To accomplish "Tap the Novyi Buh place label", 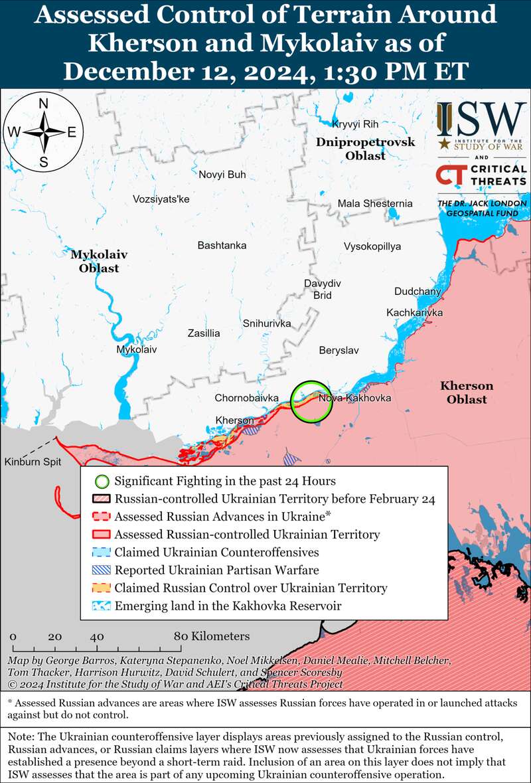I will [x=222, y=175].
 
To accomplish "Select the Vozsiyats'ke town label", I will [x=161, y=199].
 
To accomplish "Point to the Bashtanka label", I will [x=222, y=246].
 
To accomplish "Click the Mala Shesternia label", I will [x=375, y=204].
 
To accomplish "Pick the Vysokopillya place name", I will [x=372, y=246].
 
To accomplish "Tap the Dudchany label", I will [x=417, y=292].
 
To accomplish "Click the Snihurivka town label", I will [x=267, y=323].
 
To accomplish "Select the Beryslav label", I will [x=339, y=350].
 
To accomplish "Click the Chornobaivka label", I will [x=246, y=398].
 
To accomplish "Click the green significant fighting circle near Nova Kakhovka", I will [x=310, y=401].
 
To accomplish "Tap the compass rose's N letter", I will [x=43, y=104].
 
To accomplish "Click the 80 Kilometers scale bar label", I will [x=212, y=636].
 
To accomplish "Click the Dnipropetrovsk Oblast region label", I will [x=365, y=149].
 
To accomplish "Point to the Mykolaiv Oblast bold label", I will [x=99, y=261].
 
